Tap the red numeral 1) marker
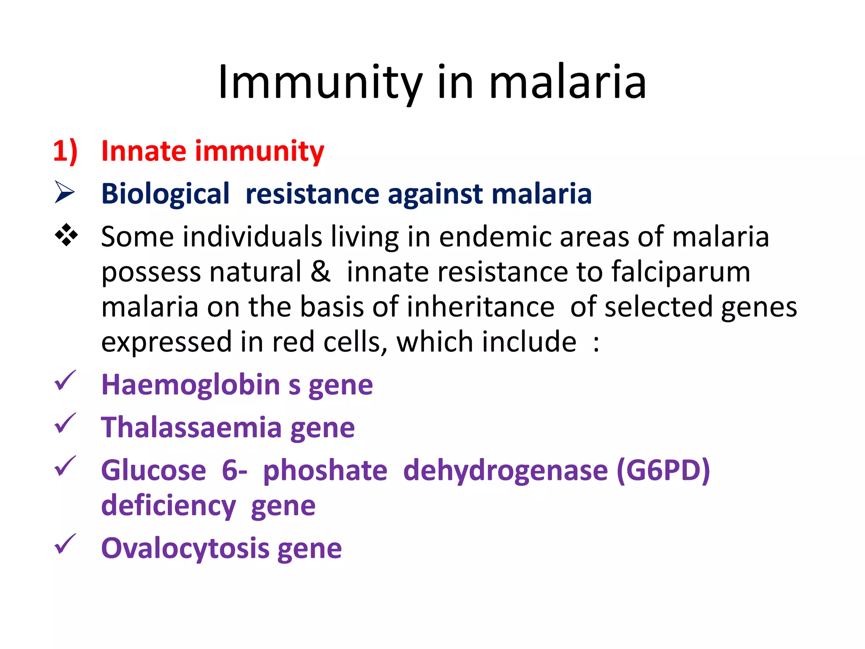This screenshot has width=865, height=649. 65,151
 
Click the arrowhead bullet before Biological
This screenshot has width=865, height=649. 65,192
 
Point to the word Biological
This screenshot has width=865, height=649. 165,194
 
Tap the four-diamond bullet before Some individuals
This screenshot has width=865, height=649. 66,235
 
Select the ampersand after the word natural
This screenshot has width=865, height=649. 320,271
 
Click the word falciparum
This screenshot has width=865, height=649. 681,272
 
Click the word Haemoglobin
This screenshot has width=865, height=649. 191,385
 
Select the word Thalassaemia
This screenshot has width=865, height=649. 191,428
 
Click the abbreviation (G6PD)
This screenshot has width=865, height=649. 663,471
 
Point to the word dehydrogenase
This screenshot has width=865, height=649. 505,471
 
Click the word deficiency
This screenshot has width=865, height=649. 169,506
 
